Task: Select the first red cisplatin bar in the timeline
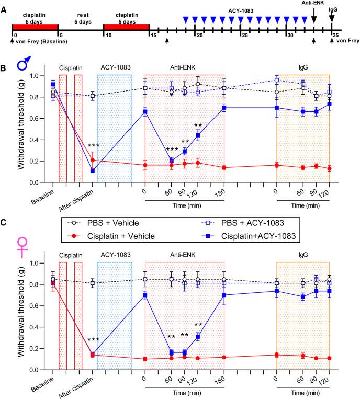point(35,27)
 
